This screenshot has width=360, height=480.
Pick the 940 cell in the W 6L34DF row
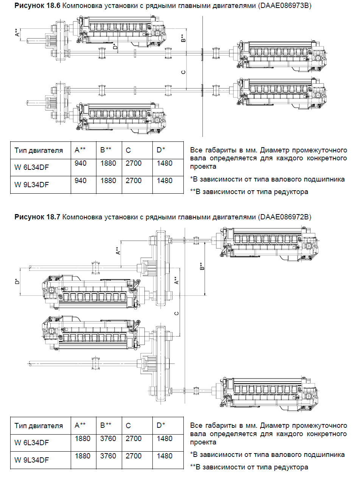[x=81, y=163]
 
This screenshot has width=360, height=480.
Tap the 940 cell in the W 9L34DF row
[x=81, y=181]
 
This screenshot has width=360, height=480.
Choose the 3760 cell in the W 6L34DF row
[x=108, y=439]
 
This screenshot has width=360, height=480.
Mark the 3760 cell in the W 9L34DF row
[x=108, y=456]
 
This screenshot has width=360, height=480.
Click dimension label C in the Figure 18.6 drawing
[x=183, y=72]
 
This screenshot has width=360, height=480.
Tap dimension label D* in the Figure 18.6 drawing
[x=115, y=47]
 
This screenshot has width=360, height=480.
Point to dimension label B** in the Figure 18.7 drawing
[x=202, y=267]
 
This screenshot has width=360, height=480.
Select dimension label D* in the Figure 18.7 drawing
[x=17, y=282]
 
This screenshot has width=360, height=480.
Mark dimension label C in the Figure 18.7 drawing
[x=177, y=314]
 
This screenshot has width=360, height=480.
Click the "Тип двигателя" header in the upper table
[x=39, y=151]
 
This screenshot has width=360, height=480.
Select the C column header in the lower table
[x=129, y=426]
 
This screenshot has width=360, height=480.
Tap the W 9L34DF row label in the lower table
[x=32, y=460]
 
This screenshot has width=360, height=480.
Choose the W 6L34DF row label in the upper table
[x=32, y=167]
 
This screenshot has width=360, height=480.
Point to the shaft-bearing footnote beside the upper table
[x=267, y=179]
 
